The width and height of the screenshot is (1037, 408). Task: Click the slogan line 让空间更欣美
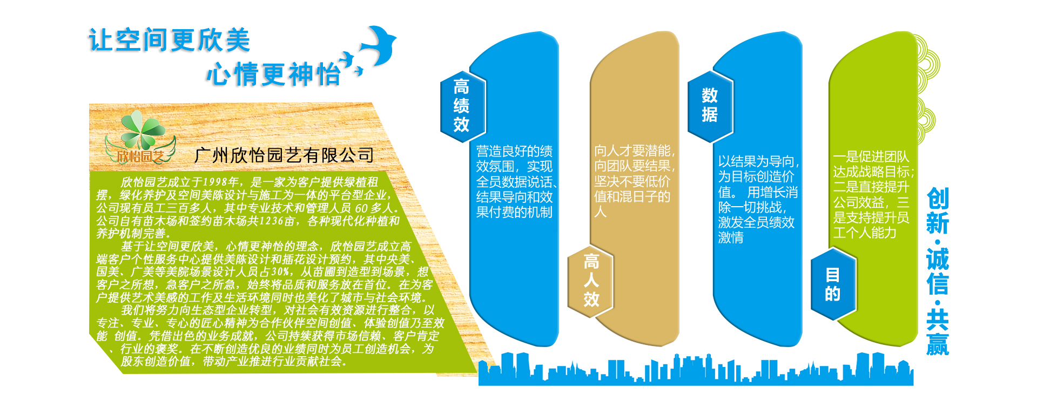tap(169, 40)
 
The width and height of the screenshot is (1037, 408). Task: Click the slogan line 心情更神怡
tap(273, 74)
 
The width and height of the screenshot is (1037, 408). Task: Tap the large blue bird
tap(378, 45)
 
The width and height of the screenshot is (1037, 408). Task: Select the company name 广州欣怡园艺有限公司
tap(284, 155)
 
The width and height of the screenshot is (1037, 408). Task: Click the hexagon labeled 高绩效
tap(462, 106)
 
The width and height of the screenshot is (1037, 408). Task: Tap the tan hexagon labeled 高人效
tap(591, 281)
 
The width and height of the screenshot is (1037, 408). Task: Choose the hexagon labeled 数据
tap(710, 106)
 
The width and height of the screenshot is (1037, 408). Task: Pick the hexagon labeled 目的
tap(833, 284)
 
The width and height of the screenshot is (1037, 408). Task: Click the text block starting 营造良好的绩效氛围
tap(515, 182)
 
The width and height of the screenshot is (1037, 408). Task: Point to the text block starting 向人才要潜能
tap(634, 181)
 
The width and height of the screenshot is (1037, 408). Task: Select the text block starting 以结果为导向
tap(758, 199)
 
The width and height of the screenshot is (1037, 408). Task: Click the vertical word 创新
tap(938, 211)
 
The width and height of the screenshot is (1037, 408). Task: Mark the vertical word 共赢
tap(938, 333)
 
